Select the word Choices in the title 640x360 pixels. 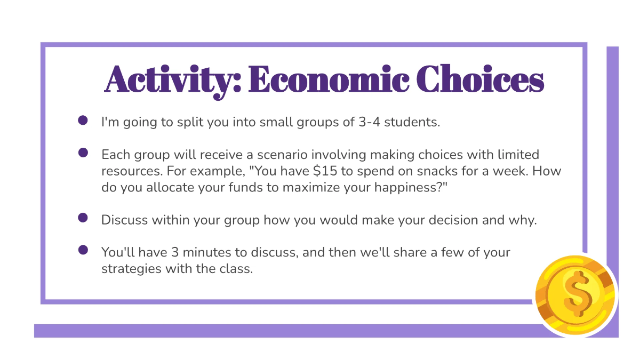[x=481, y=80]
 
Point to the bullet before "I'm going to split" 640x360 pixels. [x=83, y=121]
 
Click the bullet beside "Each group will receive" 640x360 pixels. [x=83, y=153]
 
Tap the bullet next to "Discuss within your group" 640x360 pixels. [x=83, y=218]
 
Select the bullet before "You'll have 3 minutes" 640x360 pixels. [x=83, y=250]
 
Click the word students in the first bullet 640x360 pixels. [x=412, y=122]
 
